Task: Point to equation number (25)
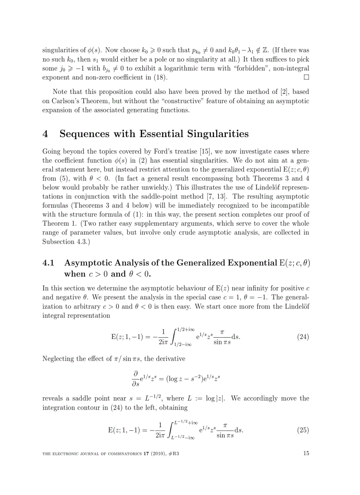[303, 429]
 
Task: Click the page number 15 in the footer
[306, 452]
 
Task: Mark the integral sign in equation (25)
[169, 429]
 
